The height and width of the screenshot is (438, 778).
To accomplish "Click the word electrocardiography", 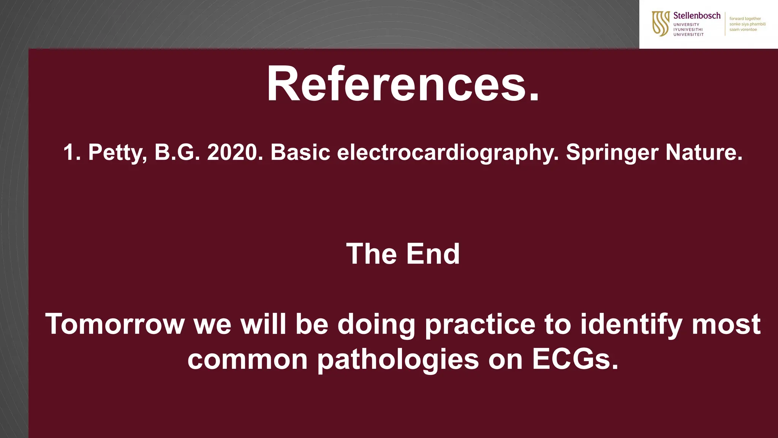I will coord(448,153).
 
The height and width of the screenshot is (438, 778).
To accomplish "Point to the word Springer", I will coord(612,153).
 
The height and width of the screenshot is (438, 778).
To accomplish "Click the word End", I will coord(433,254).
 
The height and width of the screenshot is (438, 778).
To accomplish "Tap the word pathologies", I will coord(398,360).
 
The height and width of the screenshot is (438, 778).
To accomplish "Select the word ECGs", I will coord(575,359).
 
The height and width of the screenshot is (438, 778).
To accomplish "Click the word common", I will coord(247,360).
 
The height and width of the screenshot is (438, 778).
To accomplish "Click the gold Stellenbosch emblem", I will coord(661,24).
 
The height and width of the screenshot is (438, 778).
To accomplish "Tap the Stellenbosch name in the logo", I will coord(697,16).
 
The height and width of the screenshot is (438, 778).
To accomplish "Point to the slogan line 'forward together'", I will coord(745,19).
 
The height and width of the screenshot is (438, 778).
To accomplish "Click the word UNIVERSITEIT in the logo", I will coord(688,35).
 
